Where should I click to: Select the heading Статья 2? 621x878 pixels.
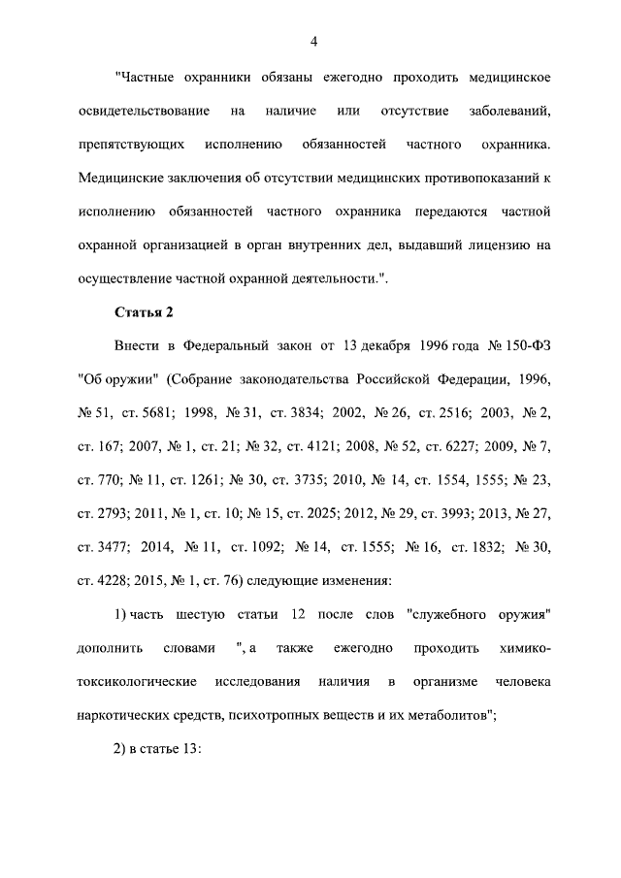point(144,311)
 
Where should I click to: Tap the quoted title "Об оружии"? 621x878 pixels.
point(117,380)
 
